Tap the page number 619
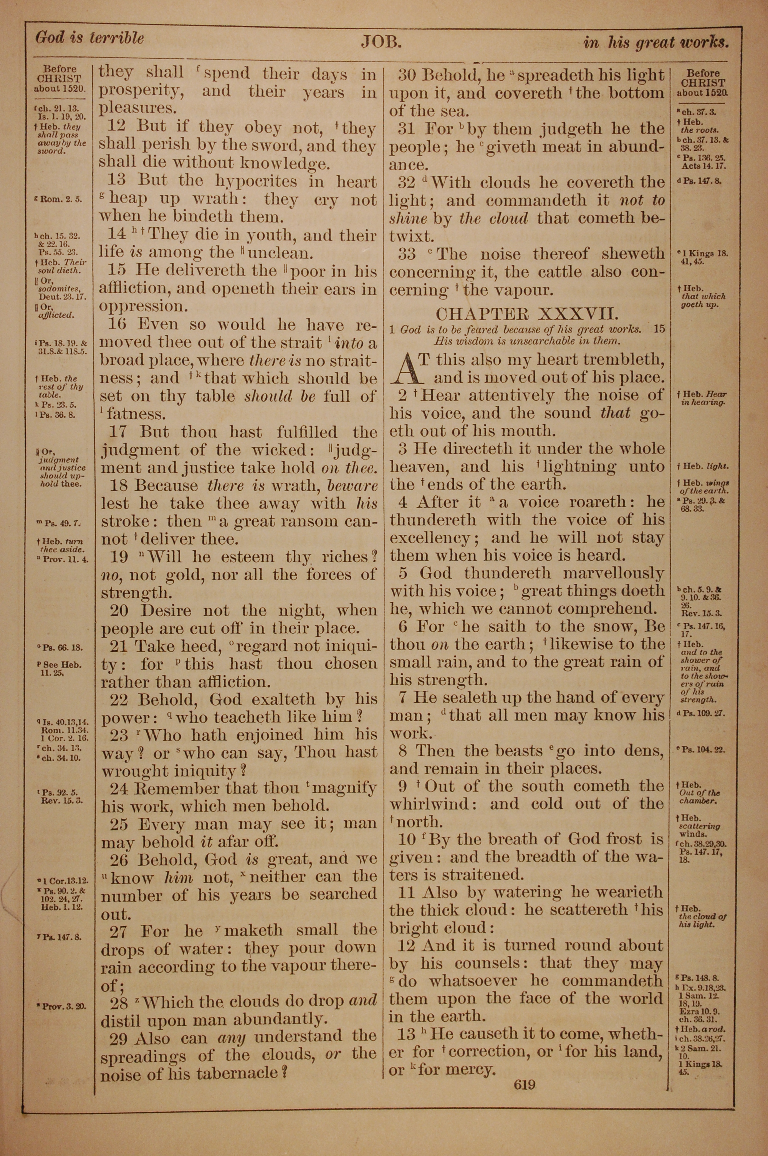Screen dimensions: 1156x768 [x=525, y=1085]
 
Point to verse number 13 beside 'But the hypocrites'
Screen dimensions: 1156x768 [x=117, y=180]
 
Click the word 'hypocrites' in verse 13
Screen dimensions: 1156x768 [x=256, y=181]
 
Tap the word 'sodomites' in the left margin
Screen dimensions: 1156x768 [x=59, y=289]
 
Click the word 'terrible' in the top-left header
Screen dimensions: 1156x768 [x=116, y=38]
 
